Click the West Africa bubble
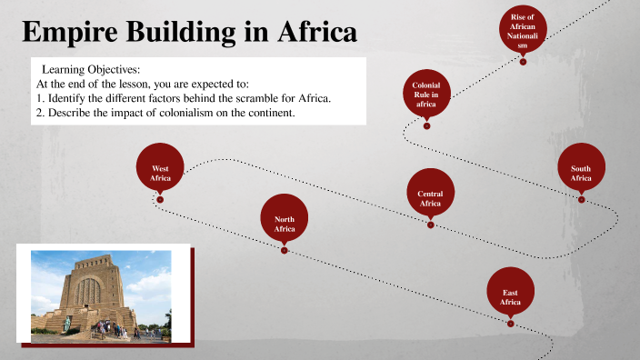(160, 169)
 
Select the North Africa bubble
(285, 220)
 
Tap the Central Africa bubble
(430, 195)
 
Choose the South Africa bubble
(581, 169)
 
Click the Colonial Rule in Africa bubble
(426, 95)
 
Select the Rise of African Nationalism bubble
(523, 32)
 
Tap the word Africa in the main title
(308, 34)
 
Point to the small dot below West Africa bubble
(160, 200)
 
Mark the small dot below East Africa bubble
(510, 323)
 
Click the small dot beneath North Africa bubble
(285, 251)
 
